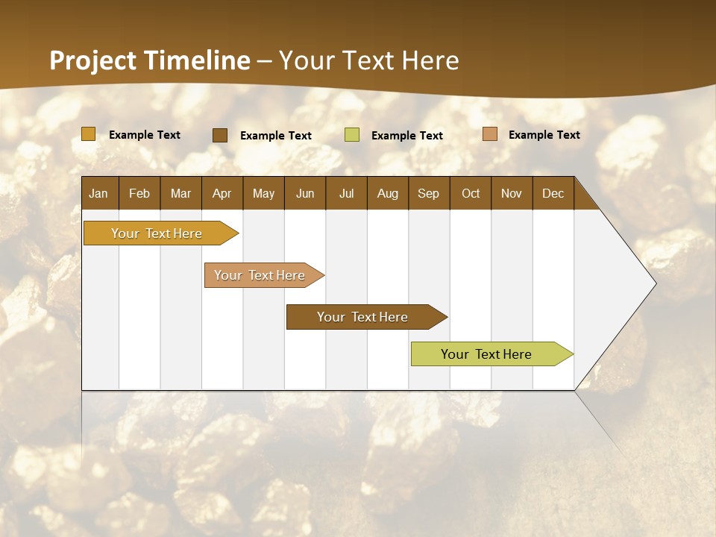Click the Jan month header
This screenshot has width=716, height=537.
point(98,193)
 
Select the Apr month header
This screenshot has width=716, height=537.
point(222,193)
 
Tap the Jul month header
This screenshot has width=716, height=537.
point(346,193)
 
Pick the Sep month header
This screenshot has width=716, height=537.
point(428,193)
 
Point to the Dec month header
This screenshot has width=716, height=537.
point(553,193)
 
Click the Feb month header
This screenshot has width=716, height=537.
point(139,193)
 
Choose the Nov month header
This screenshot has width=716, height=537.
point(511,193)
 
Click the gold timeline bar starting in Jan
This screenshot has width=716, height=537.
point(157,233)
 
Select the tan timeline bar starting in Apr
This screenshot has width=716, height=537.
point(260,275)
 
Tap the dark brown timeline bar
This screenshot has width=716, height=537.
point(362,317)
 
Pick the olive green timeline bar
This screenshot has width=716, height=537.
point(486,354)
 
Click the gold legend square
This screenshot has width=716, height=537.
point(89,134)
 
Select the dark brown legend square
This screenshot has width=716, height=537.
point(220,135)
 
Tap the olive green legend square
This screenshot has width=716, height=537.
point(352,135)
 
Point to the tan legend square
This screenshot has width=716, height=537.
point(489,134)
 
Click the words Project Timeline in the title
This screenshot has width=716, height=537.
point(150,60)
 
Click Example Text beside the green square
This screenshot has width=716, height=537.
point(406,136)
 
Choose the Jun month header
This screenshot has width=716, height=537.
point(305,193)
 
